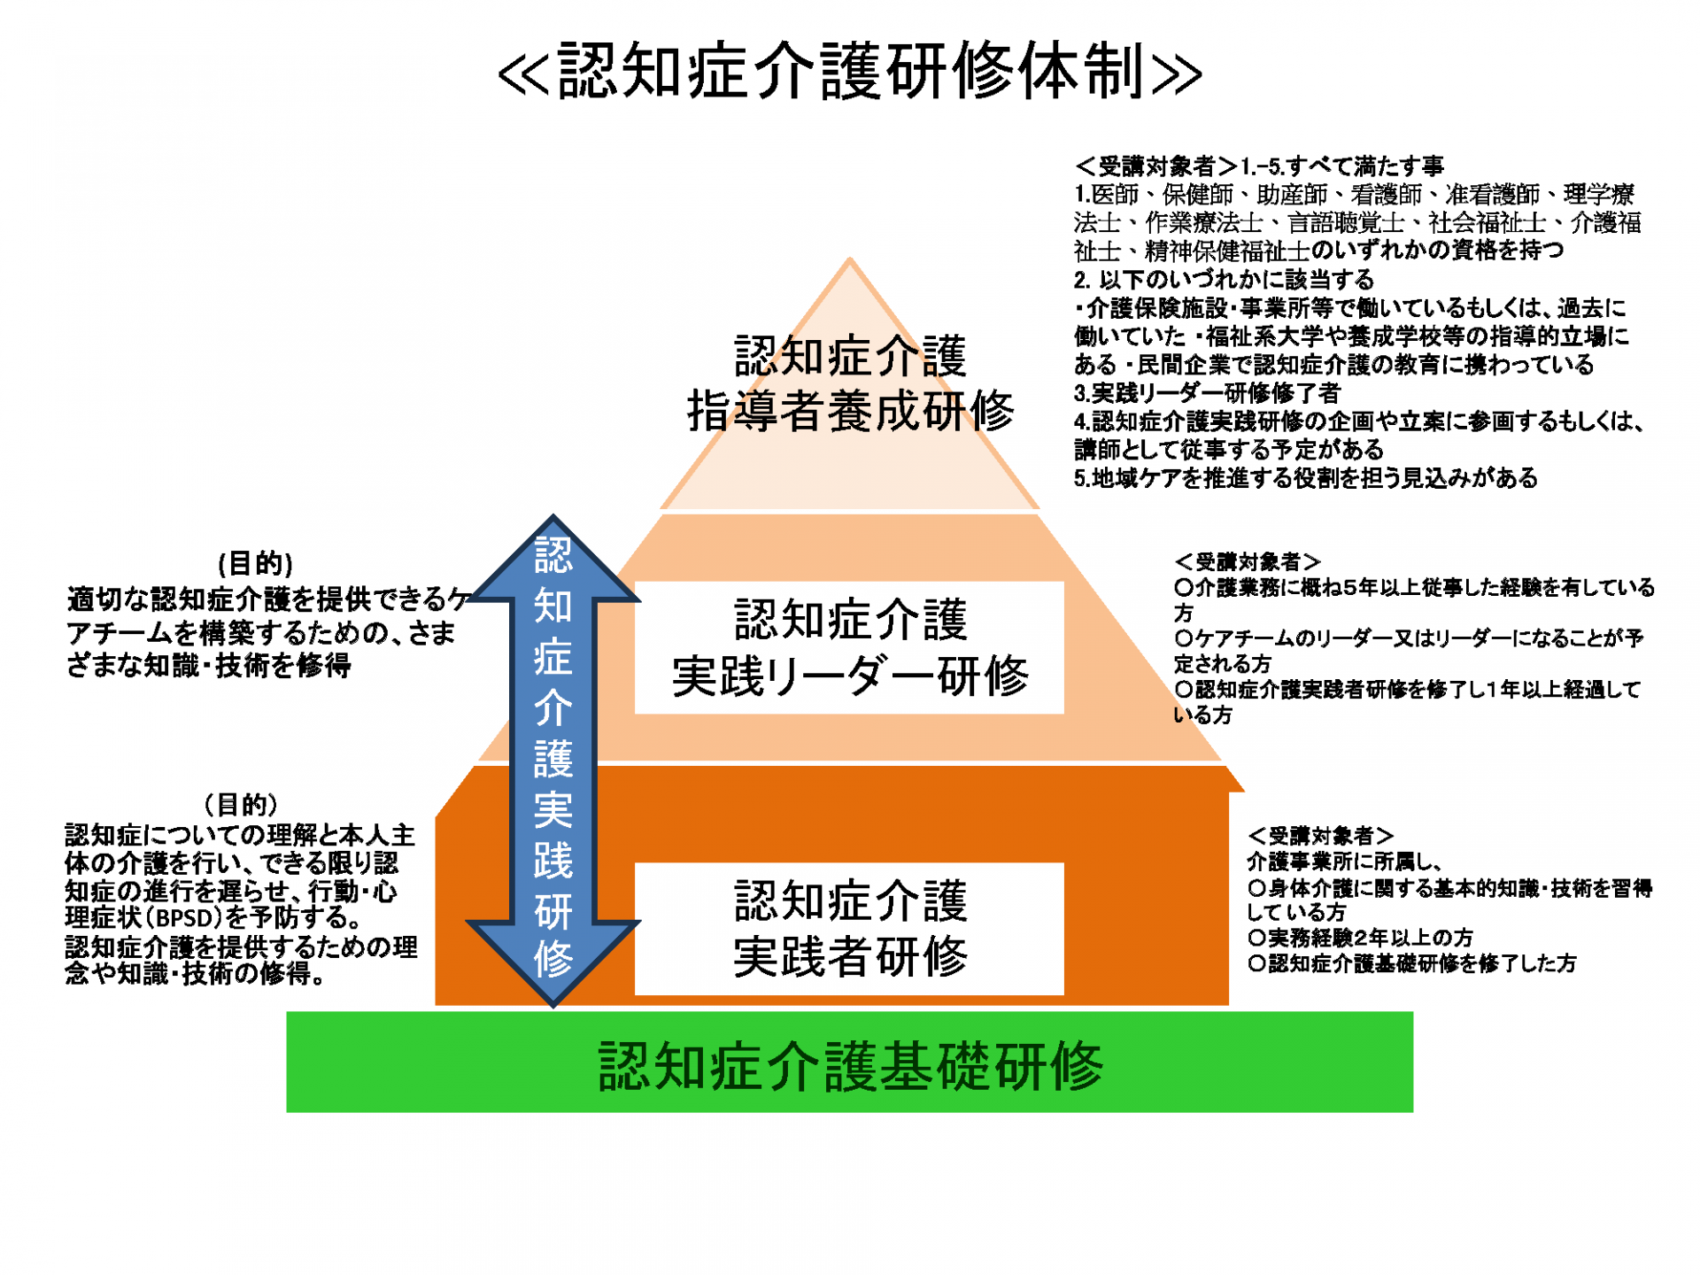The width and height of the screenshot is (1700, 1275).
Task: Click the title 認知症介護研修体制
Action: tap(850, 71)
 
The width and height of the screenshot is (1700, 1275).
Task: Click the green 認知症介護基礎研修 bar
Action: tap(850, 1062)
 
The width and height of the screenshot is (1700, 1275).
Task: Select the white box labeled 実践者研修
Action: tap(850, 929)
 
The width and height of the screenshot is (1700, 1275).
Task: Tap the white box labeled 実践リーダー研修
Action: tap(850, 647)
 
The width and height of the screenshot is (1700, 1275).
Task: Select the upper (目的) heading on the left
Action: tap(255, 563)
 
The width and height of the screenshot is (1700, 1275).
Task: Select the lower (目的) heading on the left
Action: tap(240, 804)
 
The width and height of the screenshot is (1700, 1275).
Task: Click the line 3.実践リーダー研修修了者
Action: tap(1207, 393)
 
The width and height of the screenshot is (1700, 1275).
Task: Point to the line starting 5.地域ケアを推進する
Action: tap(1305, 478)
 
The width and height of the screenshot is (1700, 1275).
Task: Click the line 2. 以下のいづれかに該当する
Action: tap(1223, 280)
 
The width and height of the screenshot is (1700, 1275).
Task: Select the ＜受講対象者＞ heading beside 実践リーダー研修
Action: tap(1247, 561)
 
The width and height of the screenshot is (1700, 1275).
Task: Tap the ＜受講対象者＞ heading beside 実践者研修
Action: tap(1320, 835)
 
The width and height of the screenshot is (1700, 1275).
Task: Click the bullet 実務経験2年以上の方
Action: tap(1361, 938)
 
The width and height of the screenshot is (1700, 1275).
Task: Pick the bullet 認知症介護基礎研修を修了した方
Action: tap(1412, 963)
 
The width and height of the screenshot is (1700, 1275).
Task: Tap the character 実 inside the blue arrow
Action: tap(553, 809)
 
